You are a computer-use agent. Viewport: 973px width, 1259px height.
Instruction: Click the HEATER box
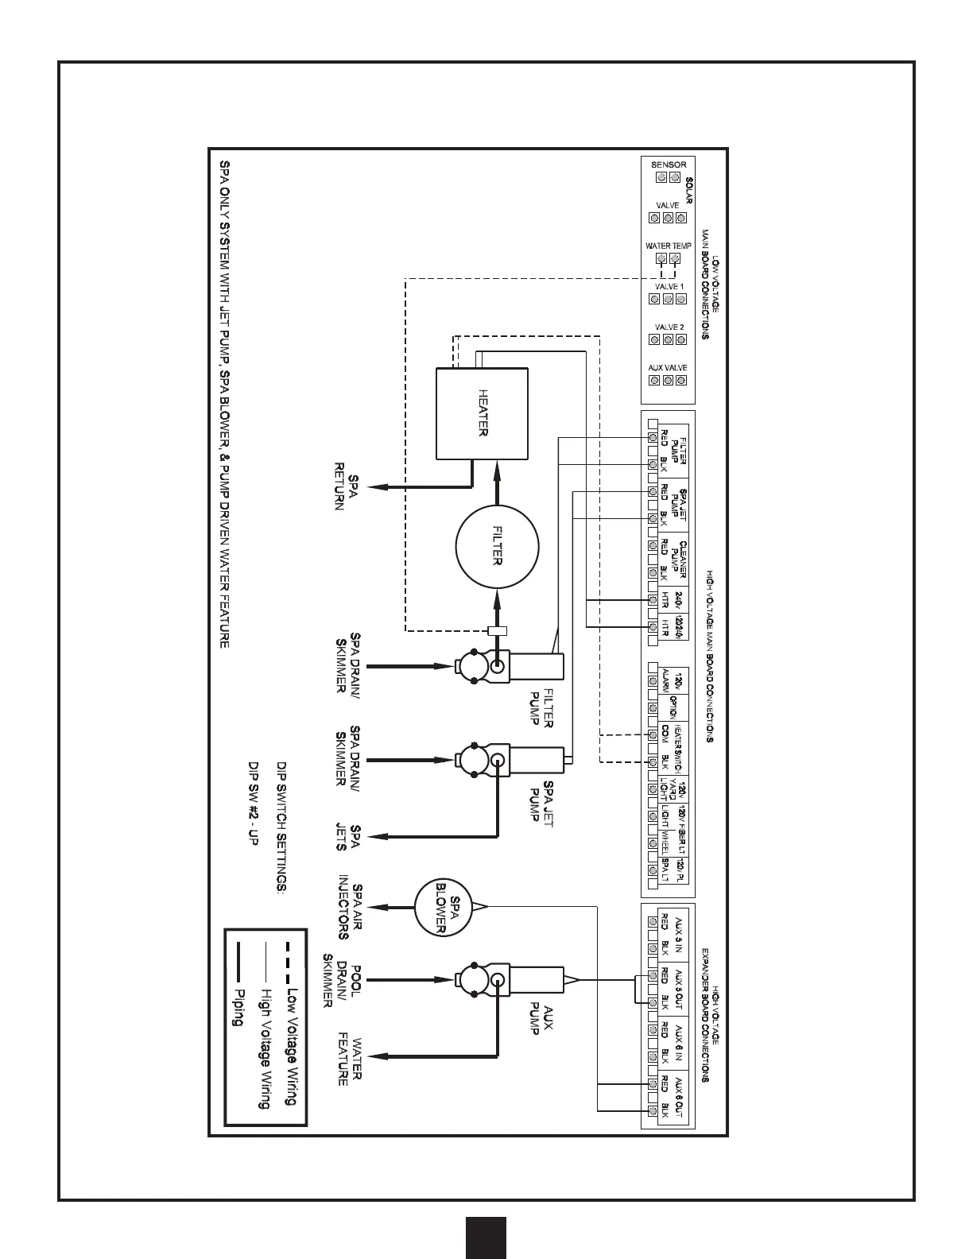(x=483, y=413)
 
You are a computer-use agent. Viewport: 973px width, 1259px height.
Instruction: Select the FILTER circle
(x=497, y=548)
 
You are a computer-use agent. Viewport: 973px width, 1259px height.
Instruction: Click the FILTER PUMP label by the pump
(x=541, y=707)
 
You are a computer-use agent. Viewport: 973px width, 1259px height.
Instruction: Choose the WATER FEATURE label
(x=350, y=1059)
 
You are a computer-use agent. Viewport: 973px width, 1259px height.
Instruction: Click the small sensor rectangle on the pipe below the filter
(x=497, y=631)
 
